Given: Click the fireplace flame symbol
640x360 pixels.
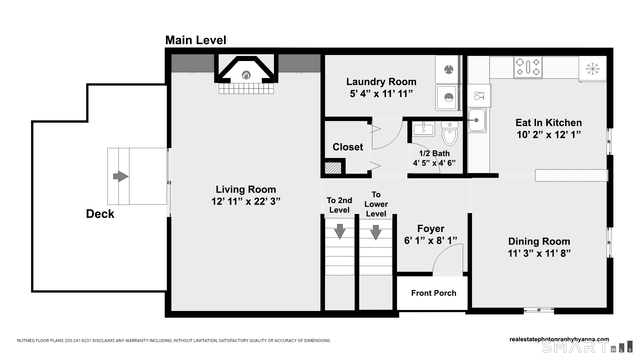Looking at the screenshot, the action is (x=246, y=75).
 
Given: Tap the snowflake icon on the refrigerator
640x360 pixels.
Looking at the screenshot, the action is (x=593, y=69).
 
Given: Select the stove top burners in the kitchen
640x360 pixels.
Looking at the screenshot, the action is (x=528, y=67).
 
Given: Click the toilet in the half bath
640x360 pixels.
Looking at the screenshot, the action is (x=450, y=133).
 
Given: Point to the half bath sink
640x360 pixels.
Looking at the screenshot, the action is (x=423, y=129).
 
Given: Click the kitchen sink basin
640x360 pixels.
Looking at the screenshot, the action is (x=477, y=120).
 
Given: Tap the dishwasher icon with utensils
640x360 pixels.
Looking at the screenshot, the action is (x=479, y=96).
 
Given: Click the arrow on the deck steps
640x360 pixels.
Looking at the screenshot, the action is (x=121, y=176).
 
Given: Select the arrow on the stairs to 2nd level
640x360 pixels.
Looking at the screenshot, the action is (x=340, y=231).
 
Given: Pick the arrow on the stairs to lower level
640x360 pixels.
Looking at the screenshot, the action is (x=376, y=232).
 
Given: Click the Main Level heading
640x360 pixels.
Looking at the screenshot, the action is (x=196, y=40).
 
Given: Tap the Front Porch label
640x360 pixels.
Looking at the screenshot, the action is (x=434, y=293).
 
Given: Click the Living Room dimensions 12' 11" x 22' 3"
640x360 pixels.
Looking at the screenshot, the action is (x=246, y=201).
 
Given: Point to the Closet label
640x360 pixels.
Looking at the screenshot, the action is (x=348, y=147).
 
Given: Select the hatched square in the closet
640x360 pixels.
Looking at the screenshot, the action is (x=333, y=168).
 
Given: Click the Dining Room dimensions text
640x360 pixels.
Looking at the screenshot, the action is (x=539, y=253).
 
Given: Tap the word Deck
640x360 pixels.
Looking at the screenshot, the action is (x=100, y=214).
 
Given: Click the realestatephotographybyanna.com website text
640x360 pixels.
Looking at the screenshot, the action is (x=559, y=339).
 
